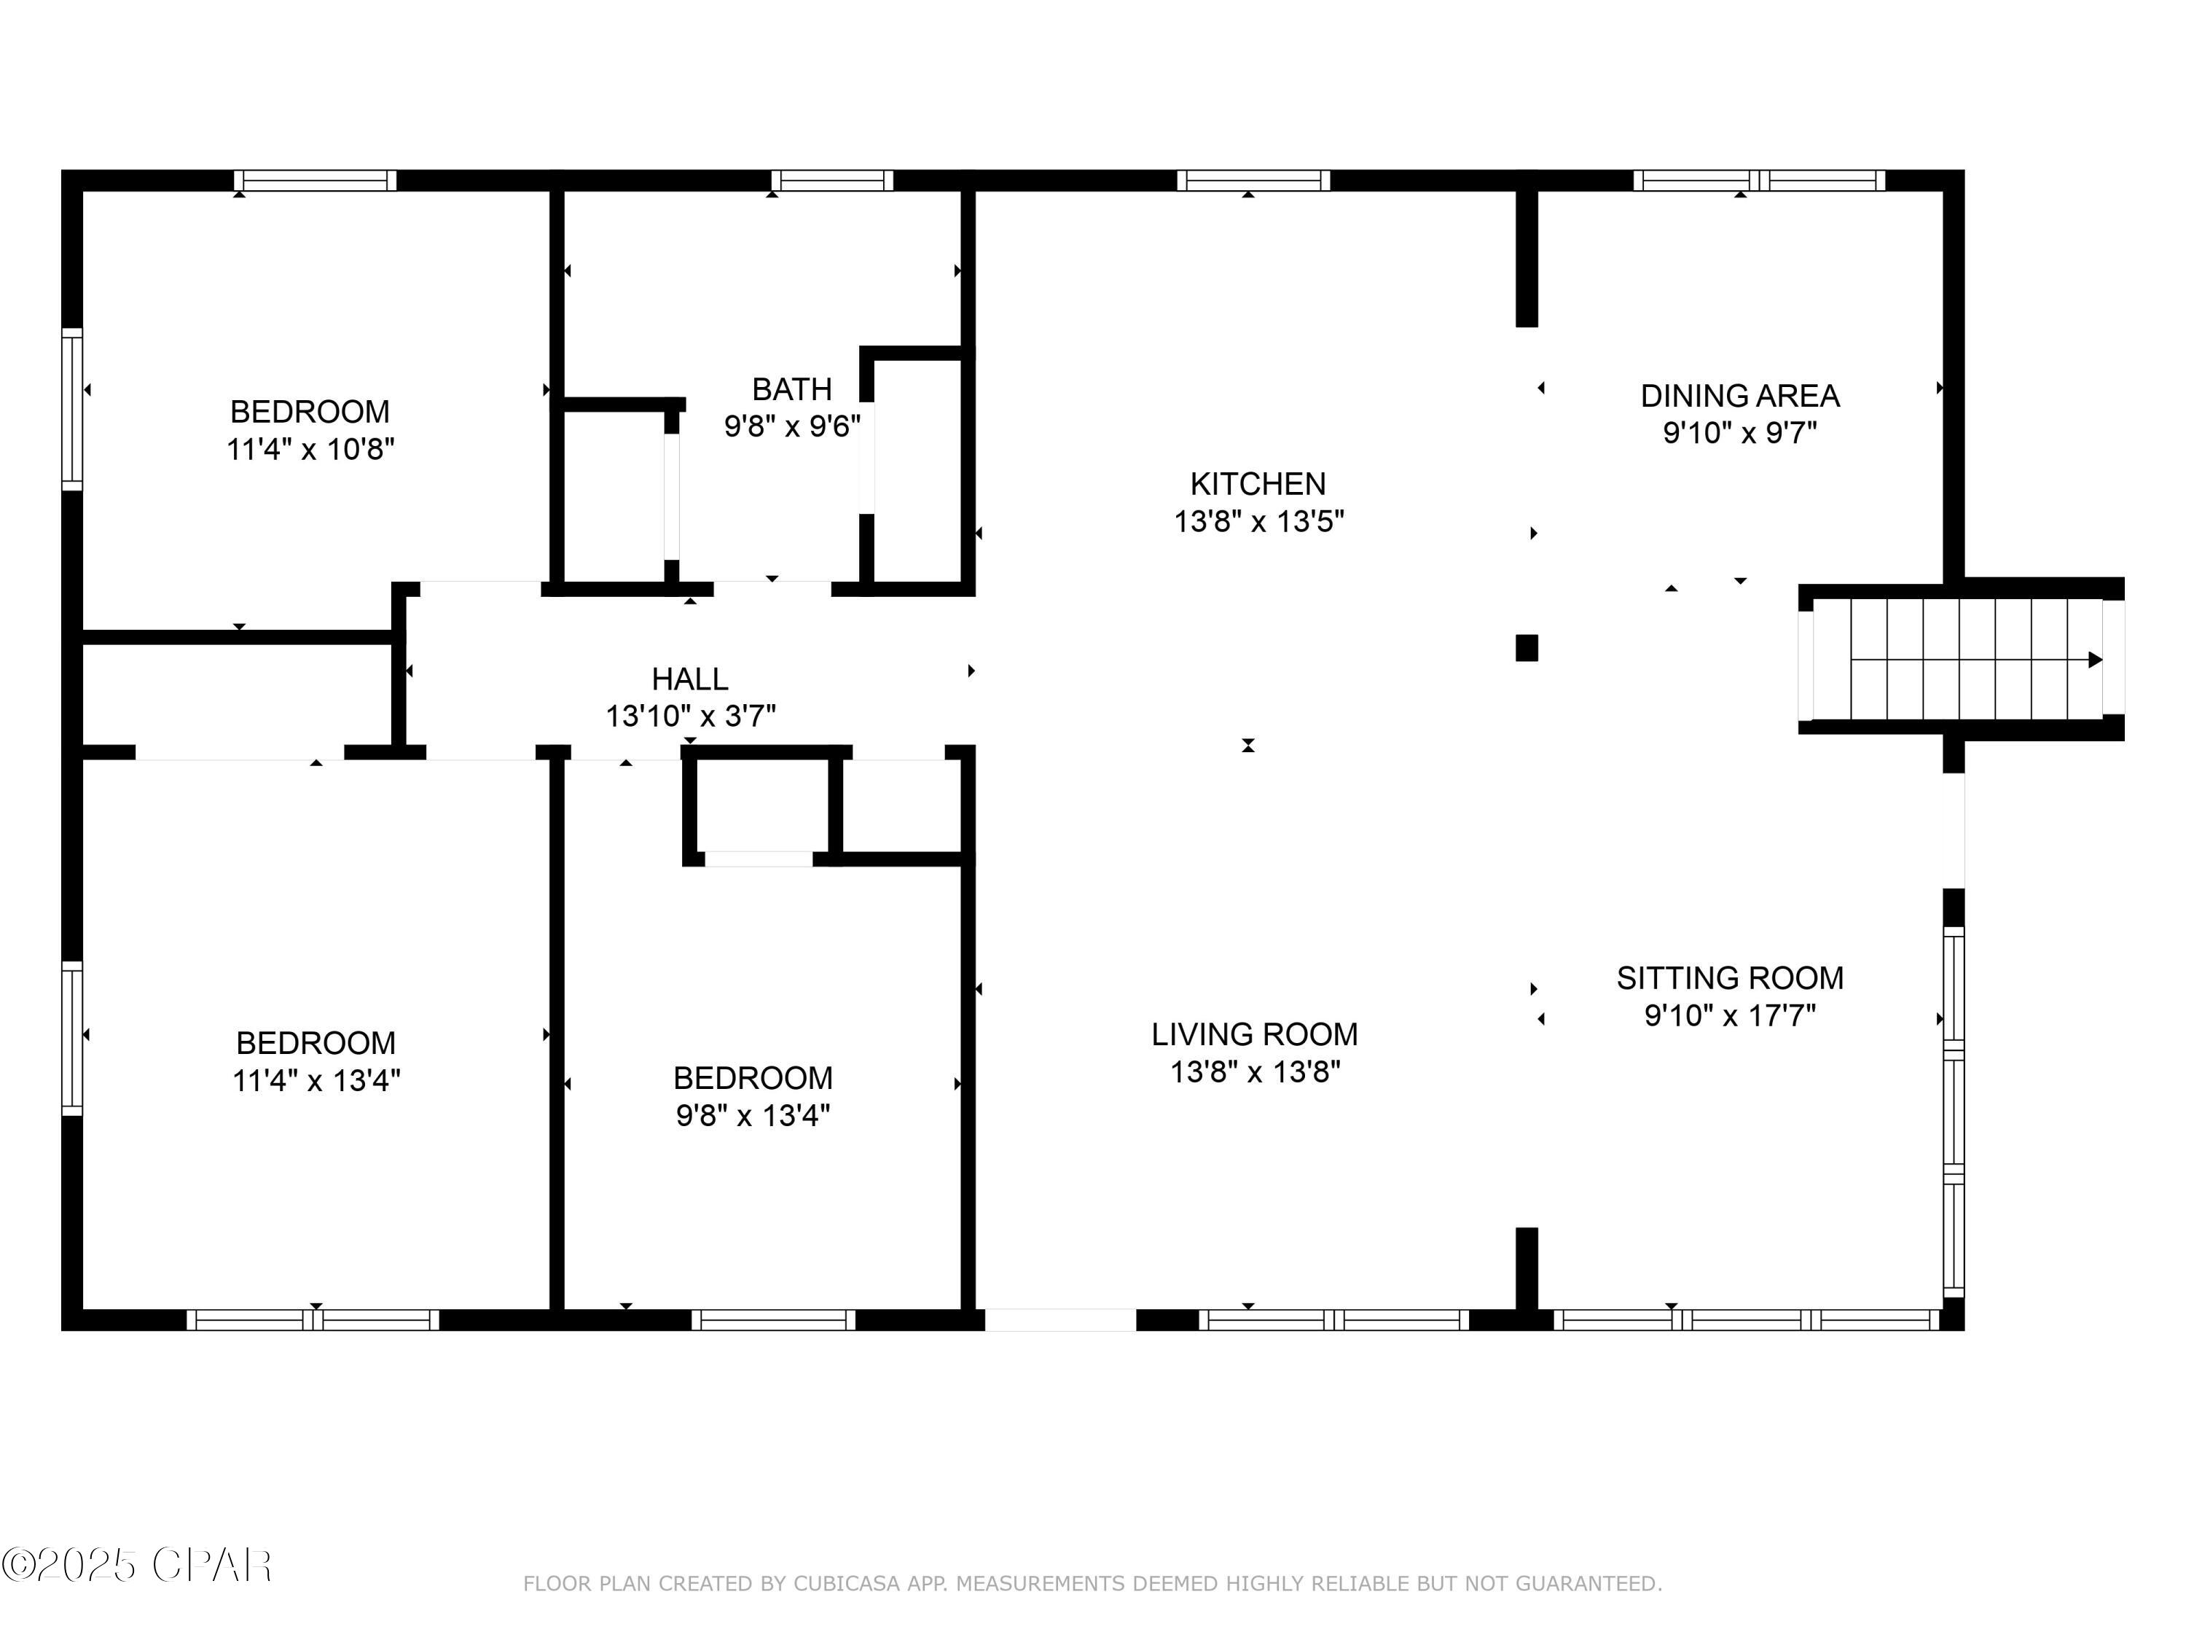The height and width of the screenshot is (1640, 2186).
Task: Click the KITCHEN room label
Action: point(1257,485)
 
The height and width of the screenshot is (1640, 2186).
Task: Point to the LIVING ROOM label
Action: point(1254,1034)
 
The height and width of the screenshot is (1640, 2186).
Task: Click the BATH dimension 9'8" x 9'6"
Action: point(791,427)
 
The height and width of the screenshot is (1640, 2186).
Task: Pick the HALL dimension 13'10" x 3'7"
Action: point(690,716)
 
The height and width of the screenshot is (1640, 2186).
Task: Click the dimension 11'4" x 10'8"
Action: point(310,450)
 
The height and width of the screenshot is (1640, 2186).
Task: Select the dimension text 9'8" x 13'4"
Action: point(752,1115)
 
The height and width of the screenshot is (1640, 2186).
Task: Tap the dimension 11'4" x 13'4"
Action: point(316,1080)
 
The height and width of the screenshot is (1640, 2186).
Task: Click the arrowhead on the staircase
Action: point(2094,660)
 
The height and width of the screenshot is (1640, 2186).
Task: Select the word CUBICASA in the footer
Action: point(847,1584)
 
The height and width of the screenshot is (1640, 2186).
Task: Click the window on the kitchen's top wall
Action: point(1253,180)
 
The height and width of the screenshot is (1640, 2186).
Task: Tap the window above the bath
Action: point(832,180)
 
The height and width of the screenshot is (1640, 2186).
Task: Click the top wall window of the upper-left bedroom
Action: point(316,180)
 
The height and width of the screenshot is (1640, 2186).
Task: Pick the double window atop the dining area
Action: point(1759,180)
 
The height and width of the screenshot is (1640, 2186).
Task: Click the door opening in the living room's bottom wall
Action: point(1059,1320)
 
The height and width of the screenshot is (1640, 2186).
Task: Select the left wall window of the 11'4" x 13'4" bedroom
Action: point(72,1038)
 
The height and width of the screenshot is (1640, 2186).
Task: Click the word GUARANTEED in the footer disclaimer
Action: point(1586,1584)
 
